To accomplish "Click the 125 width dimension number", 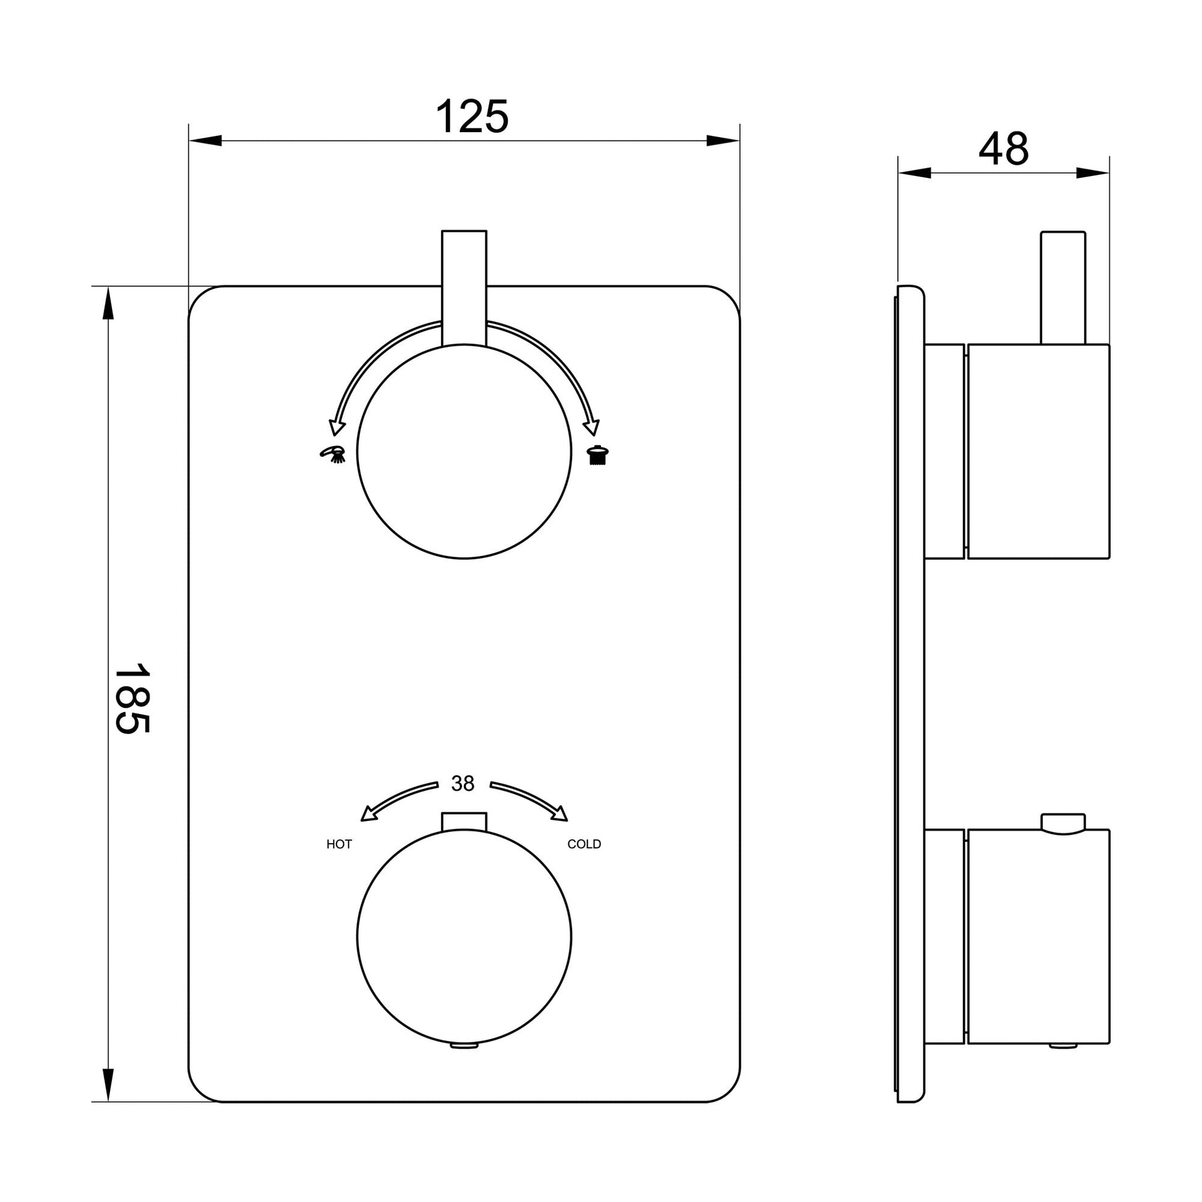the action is tap(471, 116).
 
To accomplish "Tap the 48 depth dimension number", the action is tap(1004, 149).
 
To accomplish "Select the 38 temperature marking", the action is tap(463, 784).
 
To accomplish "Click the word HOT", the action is tap(339, 844).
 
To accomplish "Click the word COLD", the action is tap(584, 844).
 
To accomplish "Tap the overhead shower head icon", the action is tap(598, 455).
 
